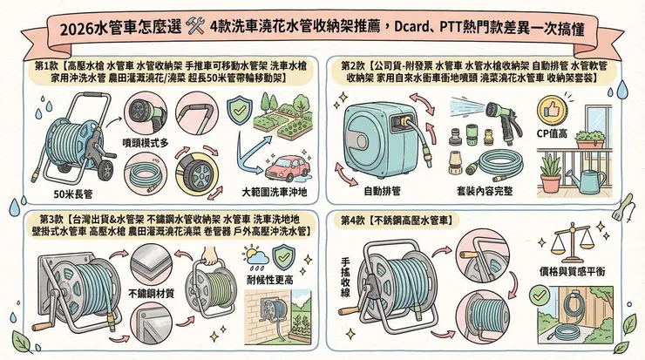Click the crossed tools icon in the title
click(x=196, y=27)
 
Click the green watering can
click(x=588, y=179)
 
